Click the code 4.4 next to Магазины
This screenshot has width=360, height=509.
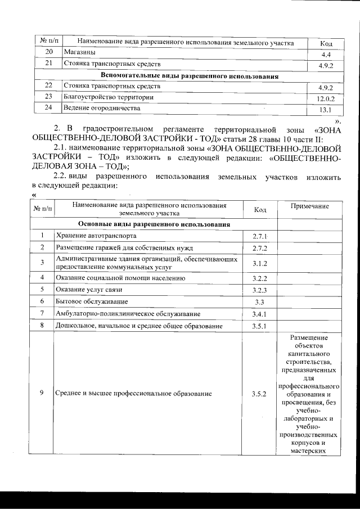[x=325, y=55]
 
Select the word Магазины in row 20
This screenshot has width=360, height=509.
[x=79, y=52]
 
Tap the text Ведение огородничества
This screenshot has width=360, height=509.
[x=102, y=107]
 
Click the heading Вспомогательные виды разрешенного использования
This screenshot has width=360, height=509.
[x=190, y=75]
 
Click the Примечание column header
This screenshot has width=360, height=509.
[x=309, y=207]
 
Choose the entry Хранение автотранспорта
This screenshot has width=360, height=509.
[x=96, y=236]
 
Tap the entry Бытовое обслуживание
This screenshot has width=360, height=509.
[x=92, y=303]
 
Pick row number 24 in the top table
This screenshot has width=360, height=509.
[x=49, y=107]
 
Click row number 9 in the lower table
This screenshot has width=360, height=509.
[x=42, y=393]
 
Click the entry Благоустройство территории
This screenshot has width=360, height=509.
[x=109, y=97]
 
